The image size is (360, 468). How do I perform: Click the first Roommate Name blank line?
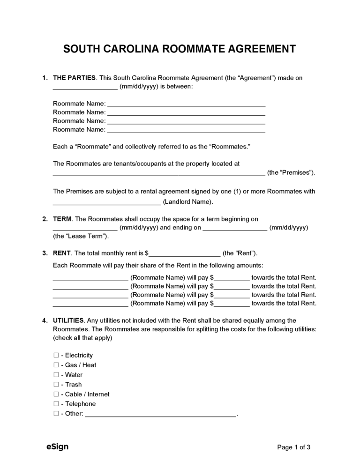tap(187, 104)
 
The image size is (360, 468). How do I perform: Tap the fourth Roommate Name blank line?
tap(187, 130)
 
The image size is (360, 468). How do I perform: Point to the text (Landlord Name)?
tap(188, 202)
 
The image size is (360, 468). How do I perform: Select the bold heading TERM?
tap(62, 219)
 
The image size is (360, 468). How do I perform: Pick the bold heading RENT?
tap(62, 253)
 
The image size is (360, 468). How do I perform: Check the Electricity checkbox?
tap(56, 356)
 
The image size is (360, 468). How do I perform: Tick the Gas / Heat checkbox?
tap(56, 365)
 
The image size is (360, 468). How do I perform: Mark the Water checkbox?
tap(56, 375)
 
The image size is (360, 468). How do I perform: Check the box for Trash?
tap(56, 385)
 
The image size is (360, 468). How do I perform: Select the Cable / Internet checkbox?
tap(56, 394)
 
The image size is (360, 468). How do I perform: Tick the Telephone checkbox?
tap(56, 404)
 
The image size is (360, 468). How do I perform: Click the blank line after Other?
tap(161, 414)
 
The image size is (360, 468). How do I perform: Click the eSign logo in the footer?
tap(58, 447)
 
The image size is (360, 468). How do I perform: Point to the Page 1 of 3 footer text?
tap(294, 447)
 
